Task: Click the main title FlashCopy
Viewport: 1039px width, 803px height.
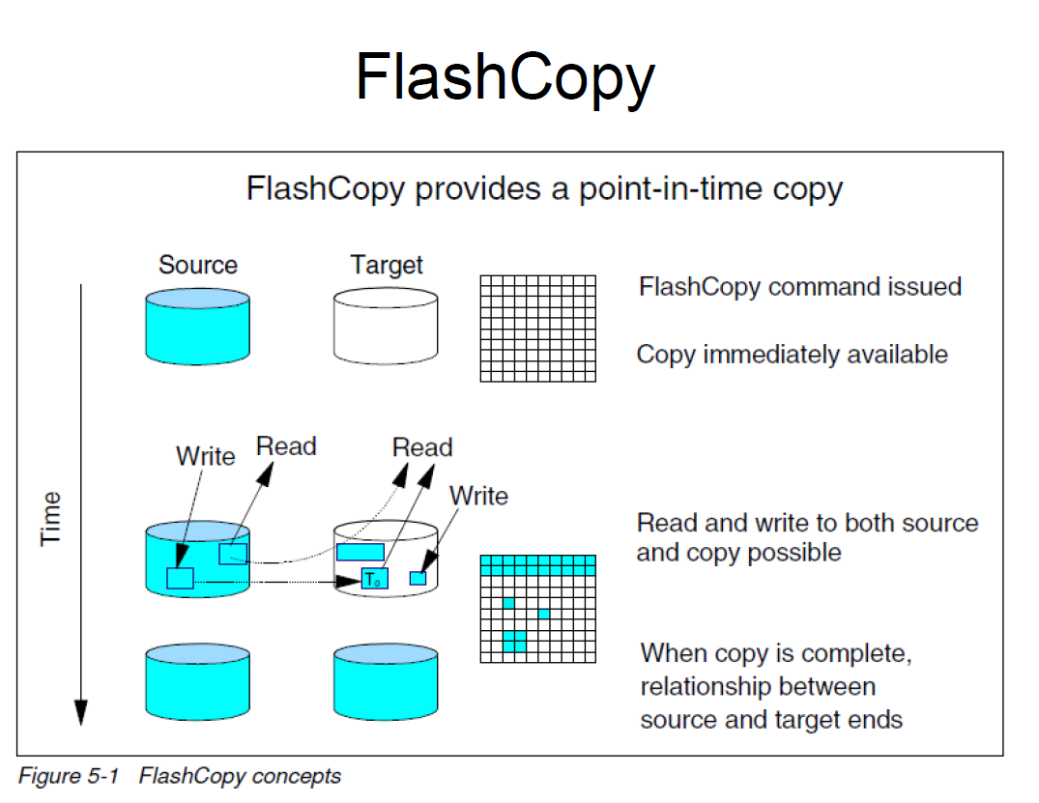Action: pos(505,78)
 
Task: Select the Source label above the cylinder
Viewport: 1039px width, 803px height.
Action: pos(198,265)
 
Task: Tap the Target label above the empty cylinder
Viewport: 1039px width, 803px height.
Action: pos(387,266)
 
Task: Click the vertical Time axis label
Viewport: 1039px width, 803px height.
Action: pos(50,519)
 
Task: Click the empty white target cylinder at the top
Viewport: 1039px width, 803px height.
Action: pos(386,326)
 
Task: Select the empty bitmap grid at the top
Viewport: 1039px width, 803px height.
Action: pos(538,329)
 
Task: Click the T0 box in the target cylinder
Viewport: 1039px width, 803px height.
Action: pos(374,579)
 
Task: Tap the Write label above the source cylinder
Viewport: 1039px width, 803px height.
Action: pos(206,456)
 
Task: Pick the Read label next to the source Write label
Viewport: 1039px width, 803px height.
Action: pos(286,446)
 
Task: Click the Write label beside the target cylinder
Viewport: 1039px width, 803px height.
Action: pos(478,496)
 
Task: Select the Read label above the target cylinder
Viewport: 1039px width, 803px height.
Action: pos(422,447)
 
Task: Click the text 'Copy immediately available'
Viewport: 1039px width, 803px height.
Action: pos(792,355)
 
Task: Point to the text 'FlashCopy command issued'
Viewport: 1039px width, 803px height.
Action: pos(800,287)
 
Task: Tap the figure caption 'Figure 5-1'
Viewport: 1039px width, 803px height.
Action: pos(69,775)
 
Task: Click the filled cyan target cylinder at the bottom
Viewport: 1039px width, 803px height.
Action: pos(386,681)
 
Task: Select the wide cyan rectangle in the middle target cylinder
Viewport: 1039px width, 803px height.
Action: pos(361,552)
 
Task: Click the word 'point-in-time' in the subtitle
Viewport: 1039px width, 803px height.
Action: pos(670,189)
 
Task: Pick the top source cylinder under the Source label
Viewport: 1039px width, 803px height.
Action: pos(197,326)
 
